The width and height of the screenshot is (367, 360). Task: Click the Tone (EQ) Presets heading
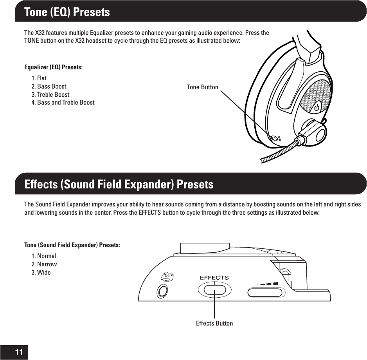pyautogui.click(x=67, y=12)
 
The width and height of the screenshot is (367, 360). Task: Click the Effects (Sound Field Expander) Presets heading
pyautogui.click(x=119, y=184)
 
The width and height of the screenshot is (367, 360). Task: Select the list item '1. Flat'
pyautogui.click(x=39, y=78)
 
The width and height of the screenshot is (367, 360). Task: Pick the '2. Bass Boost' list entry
pyautogui.click(x=49, y=86)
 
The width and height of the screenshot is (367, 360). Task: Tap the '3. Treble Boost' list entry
pyautogui.click(x=50, y=94)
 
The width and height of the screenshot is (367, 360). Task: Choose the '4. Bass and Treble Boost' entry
pyautogui.click(x=63, y=103)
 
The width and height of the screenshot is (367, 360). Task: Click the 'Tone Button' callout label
pyautogui.click(x=202, y=87)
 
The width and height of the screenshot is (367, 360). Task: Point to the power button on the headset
pyautogui.click(x=317, y=106)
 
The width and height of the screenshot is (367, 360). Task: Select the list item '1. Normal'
pyautogui.click(x=43, y=256)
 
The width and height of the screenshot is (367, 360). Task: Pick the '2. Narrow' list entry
pyautogui.click(x=44, y=264)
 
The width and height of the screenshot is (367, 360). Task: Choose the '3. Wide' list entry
pyautogui.click(x=41, y=272)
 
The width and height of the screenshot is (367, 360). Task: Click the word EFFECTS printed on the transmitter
pyautogui.click(x=214, y=278)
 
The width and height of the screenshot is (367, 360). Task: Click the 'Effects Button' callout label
pyautogui.click(x=214, y=323)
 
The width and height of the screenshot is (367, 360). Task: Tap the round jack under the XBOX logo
pyautogui.click(x=162, y=291)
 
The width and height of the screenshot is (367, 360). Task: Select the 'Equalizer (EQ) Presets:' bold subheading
pyautogui.click(x=53, y=67)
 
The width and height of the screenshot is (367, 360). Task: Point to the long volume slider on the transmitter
pyautogui.click(x=265, y=293)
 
